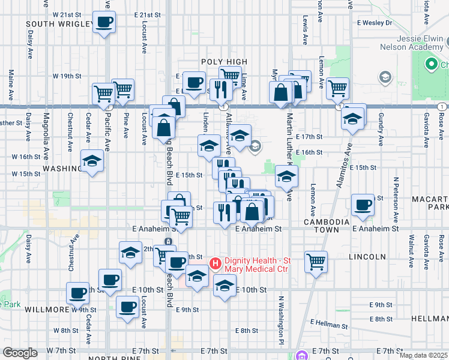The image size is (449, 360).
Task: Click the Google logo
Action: coord(20,353)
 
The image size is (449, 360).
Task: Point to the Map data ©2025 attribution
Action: coord(423,355)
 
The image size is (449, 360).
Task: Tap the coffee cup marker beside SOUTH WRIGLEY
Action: coord(104,23)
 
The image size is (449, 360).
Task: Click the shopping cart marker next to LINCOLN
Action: coord(316,261)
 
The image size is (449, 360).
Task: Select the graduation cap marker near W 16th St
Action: coord(92,160)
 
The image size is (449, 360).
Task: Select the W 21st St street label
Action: coord(67,14)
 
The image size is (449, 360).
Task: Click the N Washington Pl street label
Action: coord(280,312)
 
